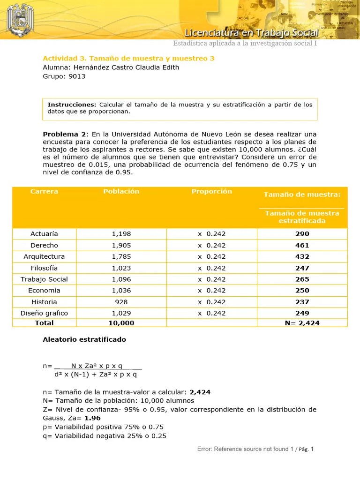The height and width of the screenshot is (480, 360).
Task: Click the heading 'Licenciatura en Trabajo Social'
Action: click(252, 33)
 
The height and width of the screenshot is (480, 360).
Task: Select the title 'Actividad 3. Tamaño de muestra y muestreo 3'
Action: click(128, 59)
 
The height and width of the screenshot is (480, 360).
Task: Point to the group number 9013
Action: click(77, 76)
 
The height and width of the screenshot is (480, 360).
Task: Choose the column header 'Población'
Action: click(121, 191)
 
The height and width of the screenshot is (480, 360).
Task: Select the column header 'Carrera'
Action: click(45, 191)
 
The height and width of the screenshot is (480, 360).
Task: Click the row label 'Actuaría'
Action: click(45, 234)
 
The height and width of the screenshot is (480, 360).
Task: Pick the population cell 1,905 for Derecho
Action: click(121, 245)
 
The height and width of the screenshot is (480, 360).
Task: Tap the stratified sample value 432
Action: click(302, 256)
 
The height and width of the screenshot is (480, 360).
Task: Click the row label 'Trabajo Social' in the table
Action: click(45, 279)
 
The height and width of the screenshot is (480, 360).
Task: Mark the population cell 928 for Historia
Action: click(121, 302)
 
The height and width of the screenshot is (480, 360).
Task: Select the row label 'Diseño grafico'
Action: click(45, 313)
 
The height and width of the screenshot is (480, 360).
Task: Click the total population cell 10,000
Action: click(121, 323)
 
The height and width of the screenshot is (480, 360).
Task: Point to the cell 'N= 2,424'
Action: click(302, 323)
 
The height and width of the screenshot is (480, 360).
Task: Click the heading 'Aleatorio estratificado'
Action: click(84, 339)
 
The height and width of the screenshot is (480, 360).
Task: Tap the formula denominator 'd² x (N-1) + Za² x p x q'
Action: click(96, 374)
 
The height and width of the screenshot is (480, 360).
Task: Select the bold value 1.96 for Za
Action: click(93, 418)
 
